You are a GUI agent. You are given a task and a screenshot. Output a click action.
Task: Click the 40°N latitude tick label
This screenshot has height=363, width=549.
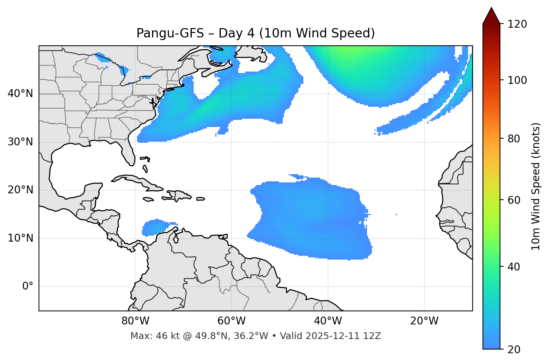click(20, 94)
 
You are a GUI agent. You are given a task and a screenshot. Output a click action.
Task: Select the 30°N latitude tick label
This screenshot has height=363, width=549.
click(20, 142)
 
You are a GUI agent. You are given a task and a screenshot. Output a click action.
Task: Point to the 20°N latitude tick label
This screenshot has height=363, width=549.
click(20, 190)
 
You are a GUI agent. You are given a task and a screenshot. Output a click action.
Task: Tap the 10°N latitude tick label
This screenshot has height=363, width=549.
click(20, 238)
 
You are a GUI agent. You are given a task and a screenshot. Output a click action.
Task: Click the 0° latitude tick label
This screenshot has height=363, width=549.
click(28, 287)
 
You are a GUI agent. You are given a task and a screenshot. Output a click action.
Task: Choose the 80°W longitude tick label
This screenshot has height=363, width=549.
click(135, 321)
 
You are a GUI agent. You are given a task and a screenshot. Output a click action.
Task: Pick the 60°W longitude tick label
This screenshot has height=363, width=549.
click(231, 321)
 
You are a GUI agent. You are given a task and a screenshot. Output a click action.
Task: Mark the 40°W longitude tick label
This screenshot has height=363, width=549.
click(328, 321)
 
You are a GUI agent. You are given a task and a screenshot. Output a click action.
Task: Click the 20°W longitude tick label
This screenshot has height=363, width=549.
click(424, 321)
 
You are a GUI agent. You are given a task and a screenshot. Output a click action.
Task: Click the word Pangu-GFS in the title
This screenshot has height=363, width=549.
click(170, 33)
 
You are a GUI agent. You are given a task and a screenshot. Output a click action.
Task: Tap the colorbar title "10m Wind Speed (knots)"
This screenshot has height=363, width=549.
click(536, 186)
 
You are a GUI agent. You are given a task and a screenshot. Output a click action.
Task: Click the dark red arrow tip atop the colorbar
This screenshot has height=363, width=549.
click(491, 15)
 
